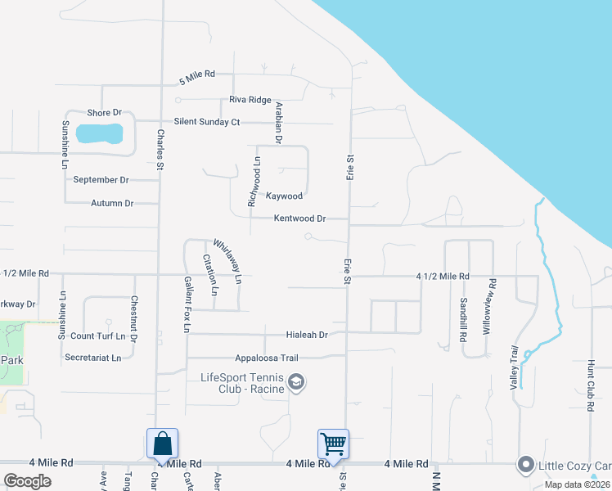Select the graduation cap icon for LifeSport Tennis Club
(x=296, y=382)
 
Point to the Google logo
(x=27, y=481)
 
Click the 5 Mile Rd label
(x=196, y=74)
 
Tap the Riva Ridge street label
(x=250, y=100)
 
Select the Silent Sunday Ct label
(x=200, y=122)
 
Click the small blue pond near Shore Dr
(x=99, y=133)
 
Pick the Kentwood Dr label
(x=299, y=218)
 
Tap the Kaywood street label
(x=284, y=196)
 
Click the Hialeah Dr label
(x=307, y=335)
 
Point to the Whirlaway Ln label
(x=227, y=261)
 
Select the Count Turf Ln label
(x=97, y=336)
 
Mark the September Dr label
(x=101, y=179)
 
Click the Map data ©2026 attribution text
(x=576, y=484)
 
